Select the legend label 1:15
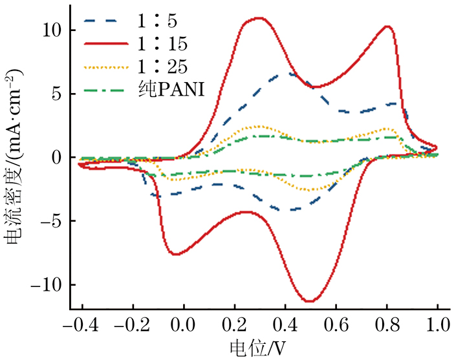coord(162,44)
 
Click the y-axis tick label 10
coord(51,30)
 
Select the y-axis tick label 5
coord(56,94)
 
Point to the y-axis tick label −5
coord(50,222)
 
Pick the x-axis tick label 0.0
coord(183,323)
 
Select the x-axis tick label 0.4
coord(285,323)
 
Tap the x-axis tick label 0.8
coord(387,323)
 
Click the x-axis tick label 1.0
coord(438,323)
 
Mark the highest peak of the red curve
coord(259,18)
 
